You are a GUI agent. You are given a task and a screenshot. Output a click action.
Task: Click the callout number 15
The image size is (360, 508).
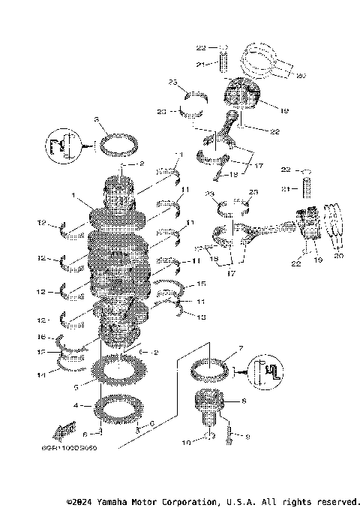pyautogui.click(x=200, y=284)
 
